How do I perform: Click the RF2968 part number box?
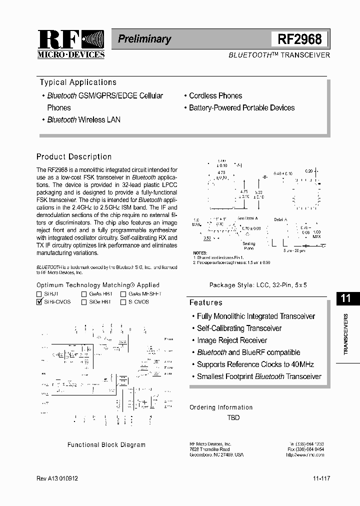[x=299, y=39]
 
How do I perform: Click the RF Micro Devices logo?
[x=70, y=44]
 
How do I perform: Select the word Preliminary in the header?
[x=144, y=39]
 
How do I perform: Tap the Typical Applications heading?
[x=78, y=82]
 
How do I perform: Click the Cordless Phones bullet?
[x=215, y=95]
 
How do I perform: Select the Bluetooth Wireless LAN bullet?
[x=83, y=119]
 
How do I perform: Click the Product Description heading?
[x=74, y=156]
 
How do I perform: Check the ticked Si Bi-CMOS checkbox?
[x=39, y=302]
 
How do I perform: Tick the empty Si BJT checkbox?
[x=39, y=294]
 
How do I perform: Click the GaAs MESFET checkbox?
[x=123, y=294]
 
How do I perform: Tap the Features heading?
[x=205, y=302]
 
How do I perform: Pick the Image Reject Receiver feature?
[x=232, y=340]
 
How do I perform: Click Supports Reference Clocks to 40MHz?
[x=255, y=364]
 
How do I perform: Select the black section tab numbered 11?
[x=345, y=298]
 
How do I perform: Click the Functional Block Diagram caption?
[x=106, y=444]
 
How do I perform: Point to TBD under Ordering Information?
[x=233, y=417]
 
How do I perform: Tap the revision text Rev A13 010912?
[x=57, y=478]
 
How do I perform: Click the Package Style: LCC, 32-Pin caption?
[x=258, y=284]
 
